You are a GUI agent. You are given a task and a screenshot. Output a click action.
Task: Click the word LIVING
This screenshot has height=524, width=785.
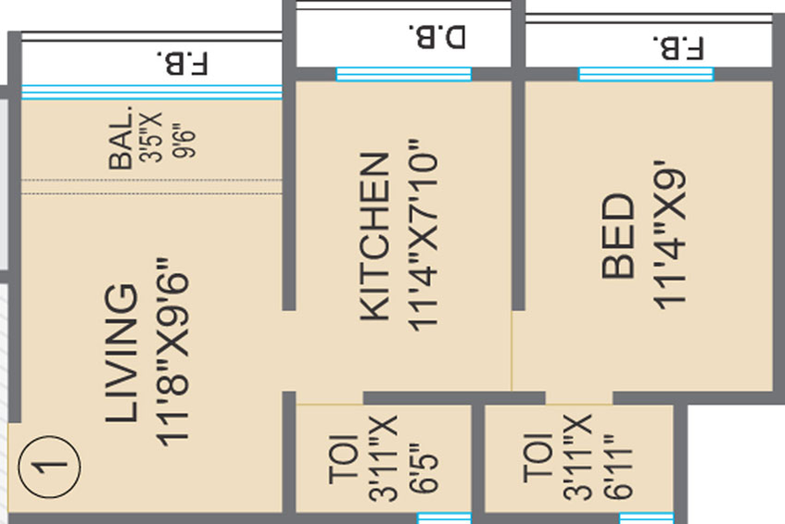pos(121,354)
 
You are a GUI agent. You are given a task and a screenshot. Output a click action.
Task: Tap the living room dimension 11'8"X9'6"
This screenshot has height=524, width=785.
pos(172,352)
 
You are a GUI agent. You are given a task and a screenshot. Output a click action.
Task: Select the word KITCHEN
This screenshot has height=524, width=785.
pos(375,236)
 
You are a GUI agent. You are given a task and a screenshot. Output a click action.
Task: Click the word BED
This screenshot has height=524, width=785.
pos(618,236)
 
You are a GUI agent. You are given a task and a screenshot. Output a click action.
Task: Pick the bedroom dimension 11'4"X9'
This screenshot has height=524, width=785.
pos(669,235)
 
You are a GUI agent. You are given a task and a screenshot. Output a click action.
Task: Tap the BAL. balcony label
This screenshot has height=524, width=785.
pos(121,138)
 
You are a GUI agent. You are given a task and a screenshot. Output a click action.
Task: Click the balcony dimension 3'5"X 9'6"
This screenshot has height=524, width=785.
pos(168,136)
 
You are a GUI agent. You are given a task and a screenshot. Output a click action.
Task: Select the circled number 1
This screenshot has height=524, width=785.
pos(49,467)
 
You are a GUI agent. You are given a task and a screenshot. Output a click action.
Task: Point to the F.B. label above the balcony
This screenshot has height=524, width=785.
pos(183,63)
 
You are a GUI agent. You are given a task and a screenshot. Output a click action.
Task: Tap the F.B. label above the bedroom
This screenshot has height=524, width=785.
pos(678,48)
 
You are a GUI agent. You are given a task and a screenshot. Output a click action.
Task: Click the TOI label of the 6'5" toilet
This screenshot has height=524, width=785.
pos(344,459)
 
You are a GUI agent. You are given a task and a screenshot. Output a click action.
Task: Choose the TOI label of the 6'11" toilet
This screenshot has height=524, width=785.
pos(538,458)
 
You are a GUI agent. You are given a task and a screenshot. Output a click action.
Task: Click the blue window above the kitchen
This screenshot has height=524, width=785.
pos(403,74)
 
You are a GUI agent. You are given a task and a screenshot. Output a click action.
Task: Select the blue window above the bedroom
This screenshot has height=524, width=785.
pos(646,74)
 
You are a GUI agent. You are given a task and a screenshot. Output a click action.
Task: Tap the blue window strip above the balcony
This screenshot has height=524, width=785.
pos(152,92)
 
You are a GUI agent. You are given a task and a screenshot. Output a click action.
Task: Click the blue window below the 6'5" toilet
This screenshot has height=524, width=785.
pos(444,518)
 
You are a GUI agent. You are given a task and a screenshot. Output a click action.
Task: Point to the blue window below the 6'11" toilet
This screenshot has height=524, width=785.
pos(647,518)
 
